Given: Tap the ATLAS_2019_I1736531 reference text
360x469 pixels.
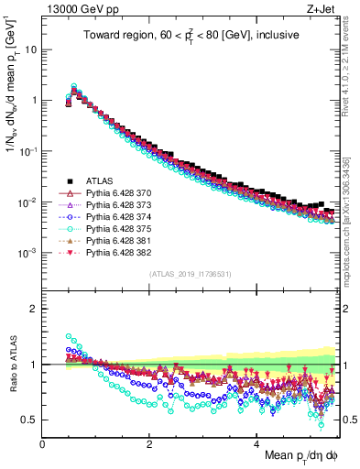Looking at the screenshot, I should pos(191,274).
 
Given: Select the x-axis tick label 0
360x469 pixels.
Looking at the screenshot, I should pos(43,442).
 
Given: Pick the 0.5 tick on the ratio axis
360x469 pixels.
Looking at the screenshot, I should pos(29,420).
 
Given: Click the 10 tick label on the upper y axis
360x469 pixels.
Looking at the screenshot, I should pos(28,49).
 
